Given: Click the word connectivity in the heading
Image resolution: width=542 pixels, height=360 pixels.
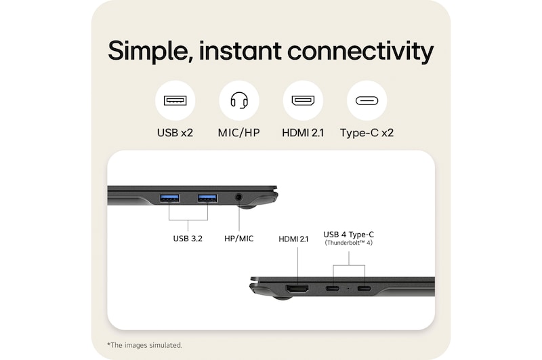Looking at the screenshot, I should click(360, 52).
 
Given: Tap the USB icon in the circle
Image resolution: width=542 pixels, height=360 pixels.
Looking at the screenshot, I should click(175, 101).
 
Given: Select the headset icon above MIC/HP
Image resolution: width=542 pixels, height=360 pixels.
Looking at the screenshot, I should click(238, 101).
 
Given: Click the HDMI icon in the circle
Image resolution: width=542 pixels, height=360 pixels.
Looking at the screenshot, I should click(302, 101).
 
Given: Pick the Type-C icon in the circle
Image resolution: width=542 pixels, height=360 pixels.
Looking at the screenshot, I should click(367, 101).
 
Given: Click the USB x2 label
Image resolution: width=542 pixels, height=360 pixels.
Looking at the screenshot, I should click(175, 133).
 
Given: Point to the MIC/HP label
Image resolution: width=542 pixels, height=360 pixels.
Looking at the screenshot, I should click(238, 133).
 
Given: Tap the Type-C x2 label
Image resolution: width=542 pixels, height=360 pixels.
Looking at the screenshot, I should click(367, 133).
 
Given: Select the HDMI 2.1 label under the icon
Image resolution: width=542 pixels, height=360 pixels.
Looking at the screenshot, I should click(302, 133).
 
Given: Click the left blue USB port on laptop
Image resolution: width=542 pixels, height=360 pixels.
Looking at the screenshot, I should click(169, 198).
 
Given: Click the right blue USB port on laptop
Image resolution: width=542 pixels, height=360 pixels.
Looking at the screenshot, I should click(207, 198).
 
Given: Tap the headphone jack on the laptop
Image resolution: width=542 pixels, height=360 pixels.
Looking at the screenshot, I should click(238, 198).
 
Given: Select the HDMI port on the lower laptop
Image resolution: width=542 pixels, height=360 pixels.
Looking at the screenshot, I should click(297, 289).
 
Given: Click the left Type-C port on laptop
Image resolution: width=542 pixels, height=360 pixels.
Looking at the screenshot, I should click(333, 289).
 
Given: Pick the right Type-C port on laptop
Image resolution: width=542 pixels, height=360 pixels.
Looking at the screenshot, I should click(364, 289).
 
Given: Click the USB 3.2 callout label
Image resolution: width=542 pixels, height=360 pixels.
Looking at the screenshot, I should click(188, 238).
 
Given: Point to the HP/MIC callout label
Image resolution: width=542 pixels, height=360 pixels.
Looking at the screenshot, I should click(238, 238).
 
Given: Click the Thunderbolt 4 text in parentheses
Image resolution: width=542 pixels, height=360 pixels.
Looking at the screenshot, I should click(349, 243).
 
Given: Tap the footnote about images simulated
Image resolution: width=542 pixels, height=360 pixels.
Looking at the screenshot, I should click(144, 345).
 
